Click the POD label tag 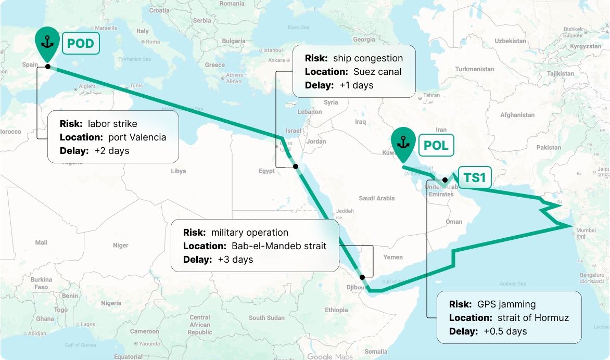tap(81, 43)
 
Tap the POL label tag tap(436, 145)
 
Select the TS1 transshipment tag tap(474, 178)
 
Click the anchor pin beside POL tap(403, 142)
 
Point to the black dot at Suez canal tap(295, 166)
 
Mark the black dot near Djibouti tap(363, 277)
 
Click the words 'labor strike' tap(112, 124)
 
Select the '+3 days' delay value tap(235, 259)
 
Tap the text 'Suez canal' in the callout tap(377, 72)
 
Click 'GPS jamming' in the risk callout tap(506, 304)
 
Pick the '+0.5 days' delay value tap(505, 331)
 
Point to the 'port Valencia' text tap(137, 137)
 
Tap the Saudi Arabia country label tap(376, 198)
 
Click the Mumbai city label tap(586, 230)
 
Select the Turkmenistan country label tap(474, 69)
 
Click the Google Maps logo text tap(329, 356)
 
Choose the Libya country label tap(178, 171)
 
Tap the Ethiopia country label tap(336, 310)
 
